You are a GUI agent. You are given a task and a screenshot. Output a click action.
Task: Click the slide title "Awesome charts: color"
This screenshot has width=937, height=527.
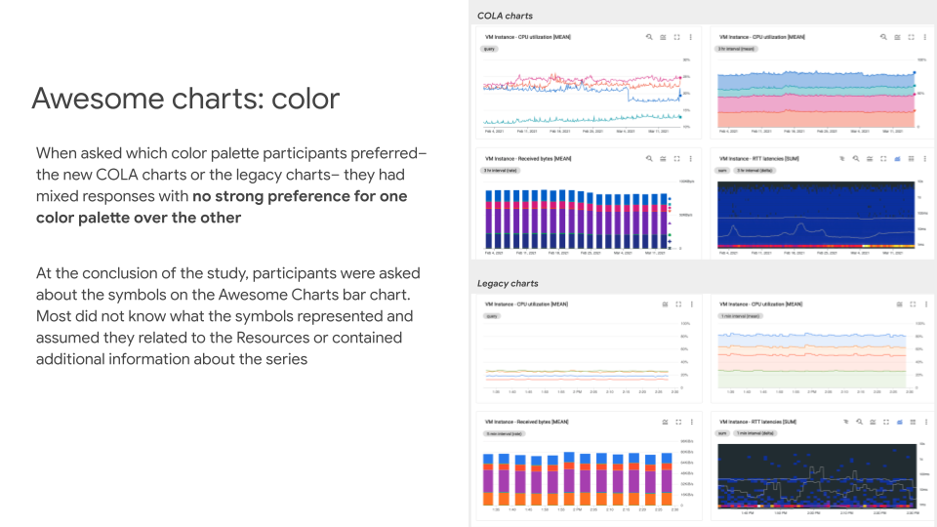pos(185,99)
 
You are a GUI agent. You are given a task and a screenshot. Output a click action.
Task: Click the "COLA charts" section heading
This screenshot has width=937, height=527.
pos(505,16)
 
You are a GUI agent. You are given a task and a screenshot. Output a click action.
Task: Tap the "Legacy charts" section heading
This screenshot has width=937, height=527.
pos(508,283)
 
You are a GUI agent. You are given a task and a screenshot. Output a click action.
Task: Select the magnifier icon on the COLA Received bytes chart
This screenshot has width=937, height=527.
pos(649,157)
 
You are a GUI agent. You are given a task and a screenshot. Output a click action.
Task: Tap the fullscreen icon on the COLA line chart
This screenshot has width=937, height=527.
pos(676,36)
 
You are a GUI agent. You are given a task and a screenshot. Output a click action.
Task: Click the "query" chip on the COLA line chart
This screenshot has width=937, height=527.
pos(490,48)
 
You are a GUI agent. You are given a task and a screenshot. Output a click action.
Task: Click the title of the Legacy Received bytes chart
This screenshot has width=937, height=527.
pos(527,422)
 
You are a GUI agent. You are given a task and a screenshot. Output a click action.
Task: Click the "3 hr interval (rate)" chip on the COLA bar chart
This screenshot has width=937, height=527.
pos(501,169)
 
